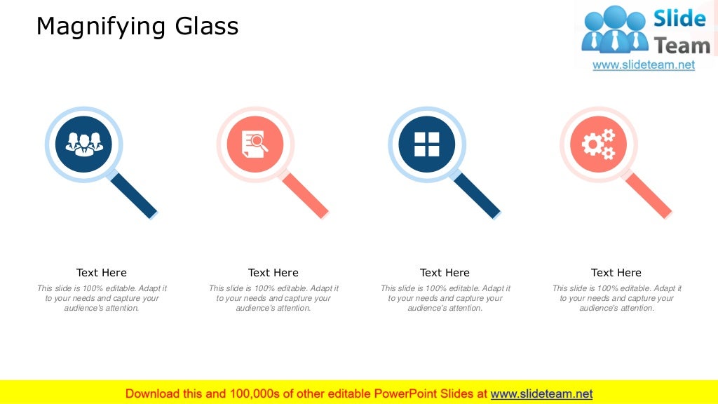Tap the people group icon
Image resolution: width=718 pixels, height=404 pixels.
click(x=83, y=144)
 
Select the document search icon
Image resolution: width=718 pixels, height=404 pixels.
click(x=255, y=144)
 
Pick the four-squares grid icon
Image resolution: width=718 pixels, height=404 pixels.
click(x=426, y=144)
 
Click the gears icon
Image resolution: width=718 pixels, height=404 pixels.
click(x=598, y=144)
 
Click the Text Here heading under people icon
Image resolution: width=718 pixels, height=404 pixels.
click(x=102, y=273)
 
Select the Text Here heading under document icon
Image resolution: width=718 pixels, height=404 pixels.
click(x=273, y=273)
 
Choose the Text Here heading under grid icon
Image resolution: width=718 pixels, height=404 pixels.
click(x=445, y=273)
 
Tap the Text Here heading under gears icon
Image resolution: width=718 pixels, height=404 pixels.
click(x=616, y=273)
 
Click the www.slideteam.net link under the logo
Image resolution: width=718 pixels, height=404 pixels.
click(x=644, y=65)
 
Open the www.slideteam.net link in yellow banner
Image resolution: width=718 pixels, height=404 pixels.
click(x=541, y=393)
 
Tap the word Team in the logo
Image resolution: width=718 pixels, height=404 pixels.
click(x=682, y=46)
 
